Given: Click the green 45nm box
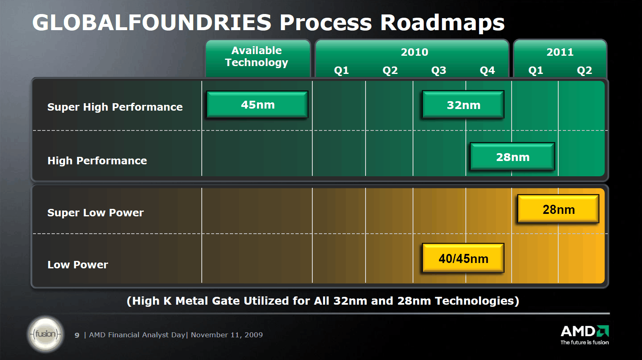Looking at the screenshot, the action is [257, 104].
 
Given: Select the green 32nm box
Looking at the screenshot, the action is [463, 105].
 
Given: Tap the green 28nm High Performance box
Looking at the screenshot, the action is [512, 156].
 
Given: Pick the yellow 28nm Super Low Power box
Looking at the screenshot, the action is [558, 209].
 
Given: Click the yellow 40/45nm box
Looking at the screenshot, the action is [463, 258].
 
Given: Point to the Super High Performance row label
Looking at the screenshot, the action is [115, 107].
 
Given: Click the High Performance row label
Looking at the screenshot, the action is [97, 161].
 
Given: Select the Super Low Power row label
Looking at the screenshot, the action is [95, 213].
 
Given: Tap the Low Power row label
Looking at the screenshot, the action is [78, 265].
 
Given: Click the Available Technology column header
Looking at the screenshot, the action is [257, 57].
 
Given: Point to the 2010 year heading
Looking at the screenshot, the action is [414, 52].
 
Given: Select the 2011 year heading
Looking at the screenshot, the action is [560, 52].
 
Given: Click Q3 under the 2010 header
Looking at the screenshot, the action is [439, 70].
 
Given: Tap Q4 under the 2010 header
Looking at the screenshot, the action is [487, 70].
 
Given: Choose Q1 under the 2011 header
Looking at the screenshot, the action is [536, 70].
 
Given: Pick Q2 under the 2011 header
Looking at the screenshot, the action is [584, 70].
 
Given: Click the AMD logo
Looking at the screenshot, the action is [585, 335].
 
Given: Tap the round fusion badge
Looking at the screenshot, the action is [45, 334].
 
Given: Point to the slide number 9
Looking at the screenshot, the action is [77, 335].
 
